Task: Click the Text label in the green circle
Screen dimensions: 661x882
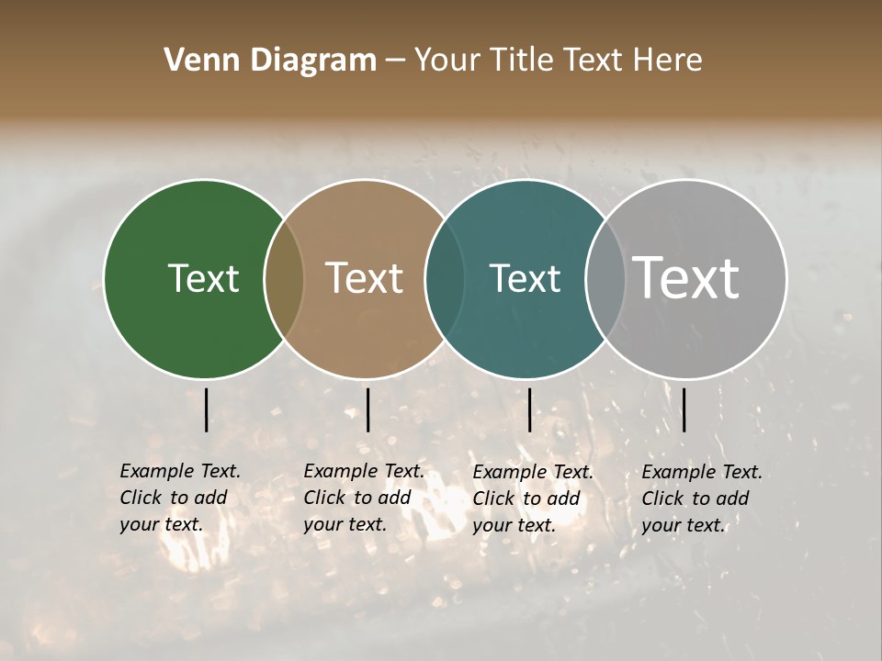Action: pyautogui.click(x=203, y=278)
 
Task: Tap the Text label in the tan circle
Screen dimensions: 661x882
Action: pyautogui.click(x=365, y=278)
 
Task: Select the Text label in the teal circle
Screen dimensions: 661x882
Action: pyautogui.click(x=525, y=278)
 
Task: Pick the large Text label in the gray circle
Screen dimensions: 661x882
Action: pyautogui.click(x=686, y=277)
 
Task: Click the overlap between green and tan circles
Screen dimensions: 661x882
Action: pyautogui.click(x=284, y=279)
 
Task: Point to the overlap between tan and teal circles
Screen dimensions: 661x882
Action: pyautogui.click(x=445, y=279)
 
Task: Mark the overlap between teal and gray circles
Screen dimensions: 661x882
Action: pyautogui.click(x=605, y=279)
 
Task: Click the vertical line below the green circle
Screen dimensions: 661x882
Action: pyautogui.click(x=206, y=409)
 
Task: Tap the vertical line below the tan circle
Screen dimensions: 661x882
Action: pyautogui.click(x=367, y=409)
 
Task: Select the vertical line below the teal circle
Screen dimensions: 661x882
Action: pyautogui.click(x=529, y=409)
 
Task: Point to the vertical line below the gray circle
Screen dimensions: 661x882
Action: pyautogui.click(x=684, y=409)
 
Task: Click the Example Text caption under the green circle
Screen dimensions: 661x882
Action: pyautogui.click(x=179, y=498)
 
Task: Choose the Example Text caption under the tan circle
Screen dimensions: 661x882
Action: pyautogui.click(x=363, y=498)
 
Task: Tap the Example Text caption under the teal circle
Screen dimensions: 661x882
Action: pyautogui.click(x=532, y=499)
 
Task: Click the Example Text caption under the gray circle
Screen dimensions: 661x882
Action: pyautogui.click(x=701, y=499)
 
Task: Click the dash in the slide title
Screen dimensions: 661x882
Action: pyautogui.click(x=395, y=62)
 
